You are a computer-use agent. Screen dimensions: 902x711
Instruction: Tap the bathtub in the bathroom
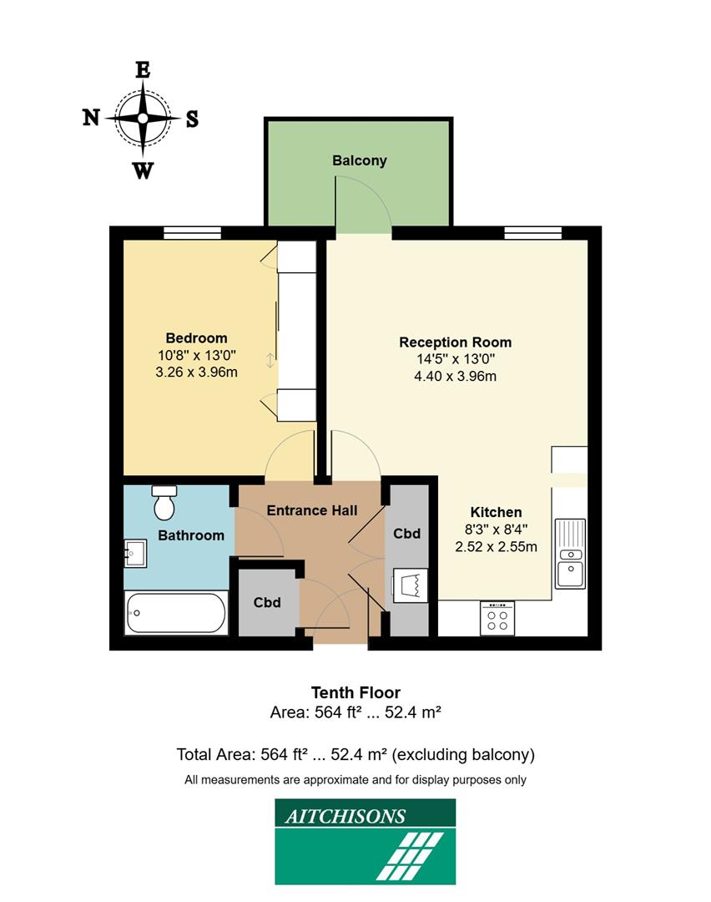point(175,613)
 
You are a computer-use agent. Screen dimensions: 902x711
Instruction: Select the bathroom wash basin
point(135,552)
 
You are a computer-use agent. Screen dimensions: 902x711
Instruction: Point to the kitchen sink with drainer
point(570,553)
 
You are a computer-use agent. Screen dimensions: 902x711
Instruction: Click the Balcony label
point(359,160)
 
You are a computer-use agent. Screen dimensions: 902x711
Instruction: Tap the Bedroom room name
point(196,338)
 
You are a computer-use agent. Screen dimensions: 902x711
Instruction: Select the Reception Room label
point(455,342)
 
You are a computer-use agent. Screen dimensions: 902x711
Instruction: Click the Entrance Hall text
point(311,510)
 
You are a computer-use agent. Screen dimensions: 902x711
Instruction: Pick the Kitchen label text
point(496,512)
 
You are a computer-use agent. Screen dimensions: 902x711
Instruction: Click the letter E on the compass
point(143,70)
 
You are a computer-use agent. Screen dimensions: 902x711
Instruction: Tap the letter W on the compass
point(143,171)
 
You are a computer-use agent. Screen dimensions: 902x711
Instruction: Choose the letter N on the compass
point(91,118)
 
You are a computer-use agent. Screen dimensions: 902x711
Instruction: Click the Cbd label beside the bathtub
point(267,602)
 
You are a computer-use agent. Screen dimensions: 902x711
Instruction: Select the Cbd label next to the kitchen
point(406,534)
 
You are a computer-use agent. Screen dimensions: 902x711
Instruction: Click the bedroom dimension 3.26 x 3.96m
point(196,372)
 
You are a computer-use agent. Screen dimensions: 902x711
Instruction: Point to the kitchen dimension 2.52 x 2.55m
point(496,547)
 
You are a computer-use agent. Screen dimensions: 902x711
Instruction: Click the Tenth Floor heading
point(355,692)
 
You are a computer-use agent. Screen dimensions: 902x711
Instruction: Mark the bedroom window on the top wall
point(192,232)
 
